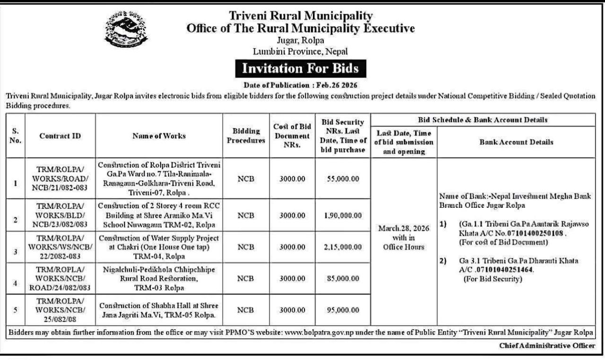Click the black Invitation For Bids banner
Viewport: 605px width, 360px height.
click(301, 69)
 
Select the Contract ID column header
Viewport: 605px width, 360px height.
click(60, 136)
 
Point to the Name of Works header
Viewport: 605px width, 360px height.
click(159, 136)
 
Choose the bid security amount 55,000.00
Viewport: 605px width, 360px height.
click(344, 179)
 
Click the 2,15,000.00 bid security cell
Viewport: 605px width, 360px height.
click(344, 247)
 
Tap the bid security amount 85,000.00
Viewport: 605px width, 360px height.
click(344, 279)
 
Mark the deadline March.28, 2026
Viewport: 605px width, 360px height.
click(404, 229)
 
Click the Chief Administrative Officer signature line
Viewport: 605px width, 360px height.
click(547, 346)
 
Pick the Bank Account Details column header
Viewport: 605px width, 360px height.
click(516, 142)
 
